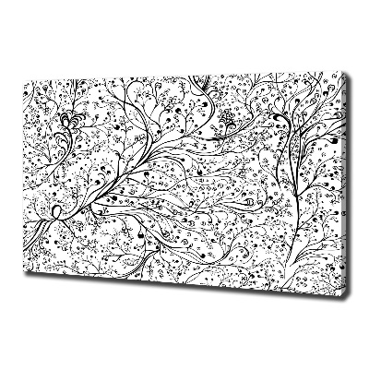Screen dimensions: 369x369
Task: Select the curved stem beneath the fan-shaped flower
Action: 66,152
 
